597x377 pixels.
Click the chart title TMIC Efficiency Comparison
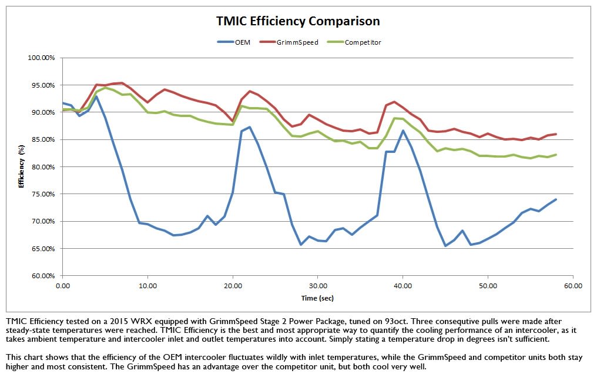pyautogui.click(x=298, y=21)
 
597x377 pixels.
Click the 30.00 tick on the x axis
pyautogui.click(x=317, y=285)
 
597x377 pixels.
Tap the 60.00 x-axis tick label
pyautogui.click(x=572, y=285)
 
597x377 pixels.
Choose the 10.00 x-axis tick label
pyautogui.click(x=147, y=285)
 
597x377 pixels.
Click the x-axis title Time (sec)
pyautogui.click(x=317, y=298)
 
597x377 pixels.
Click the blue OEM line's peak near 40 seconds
pyautogui.click(x=403, y=131)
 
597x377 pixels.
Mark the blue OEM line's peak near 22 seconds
pyautogui.click(x=250, y=127)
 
